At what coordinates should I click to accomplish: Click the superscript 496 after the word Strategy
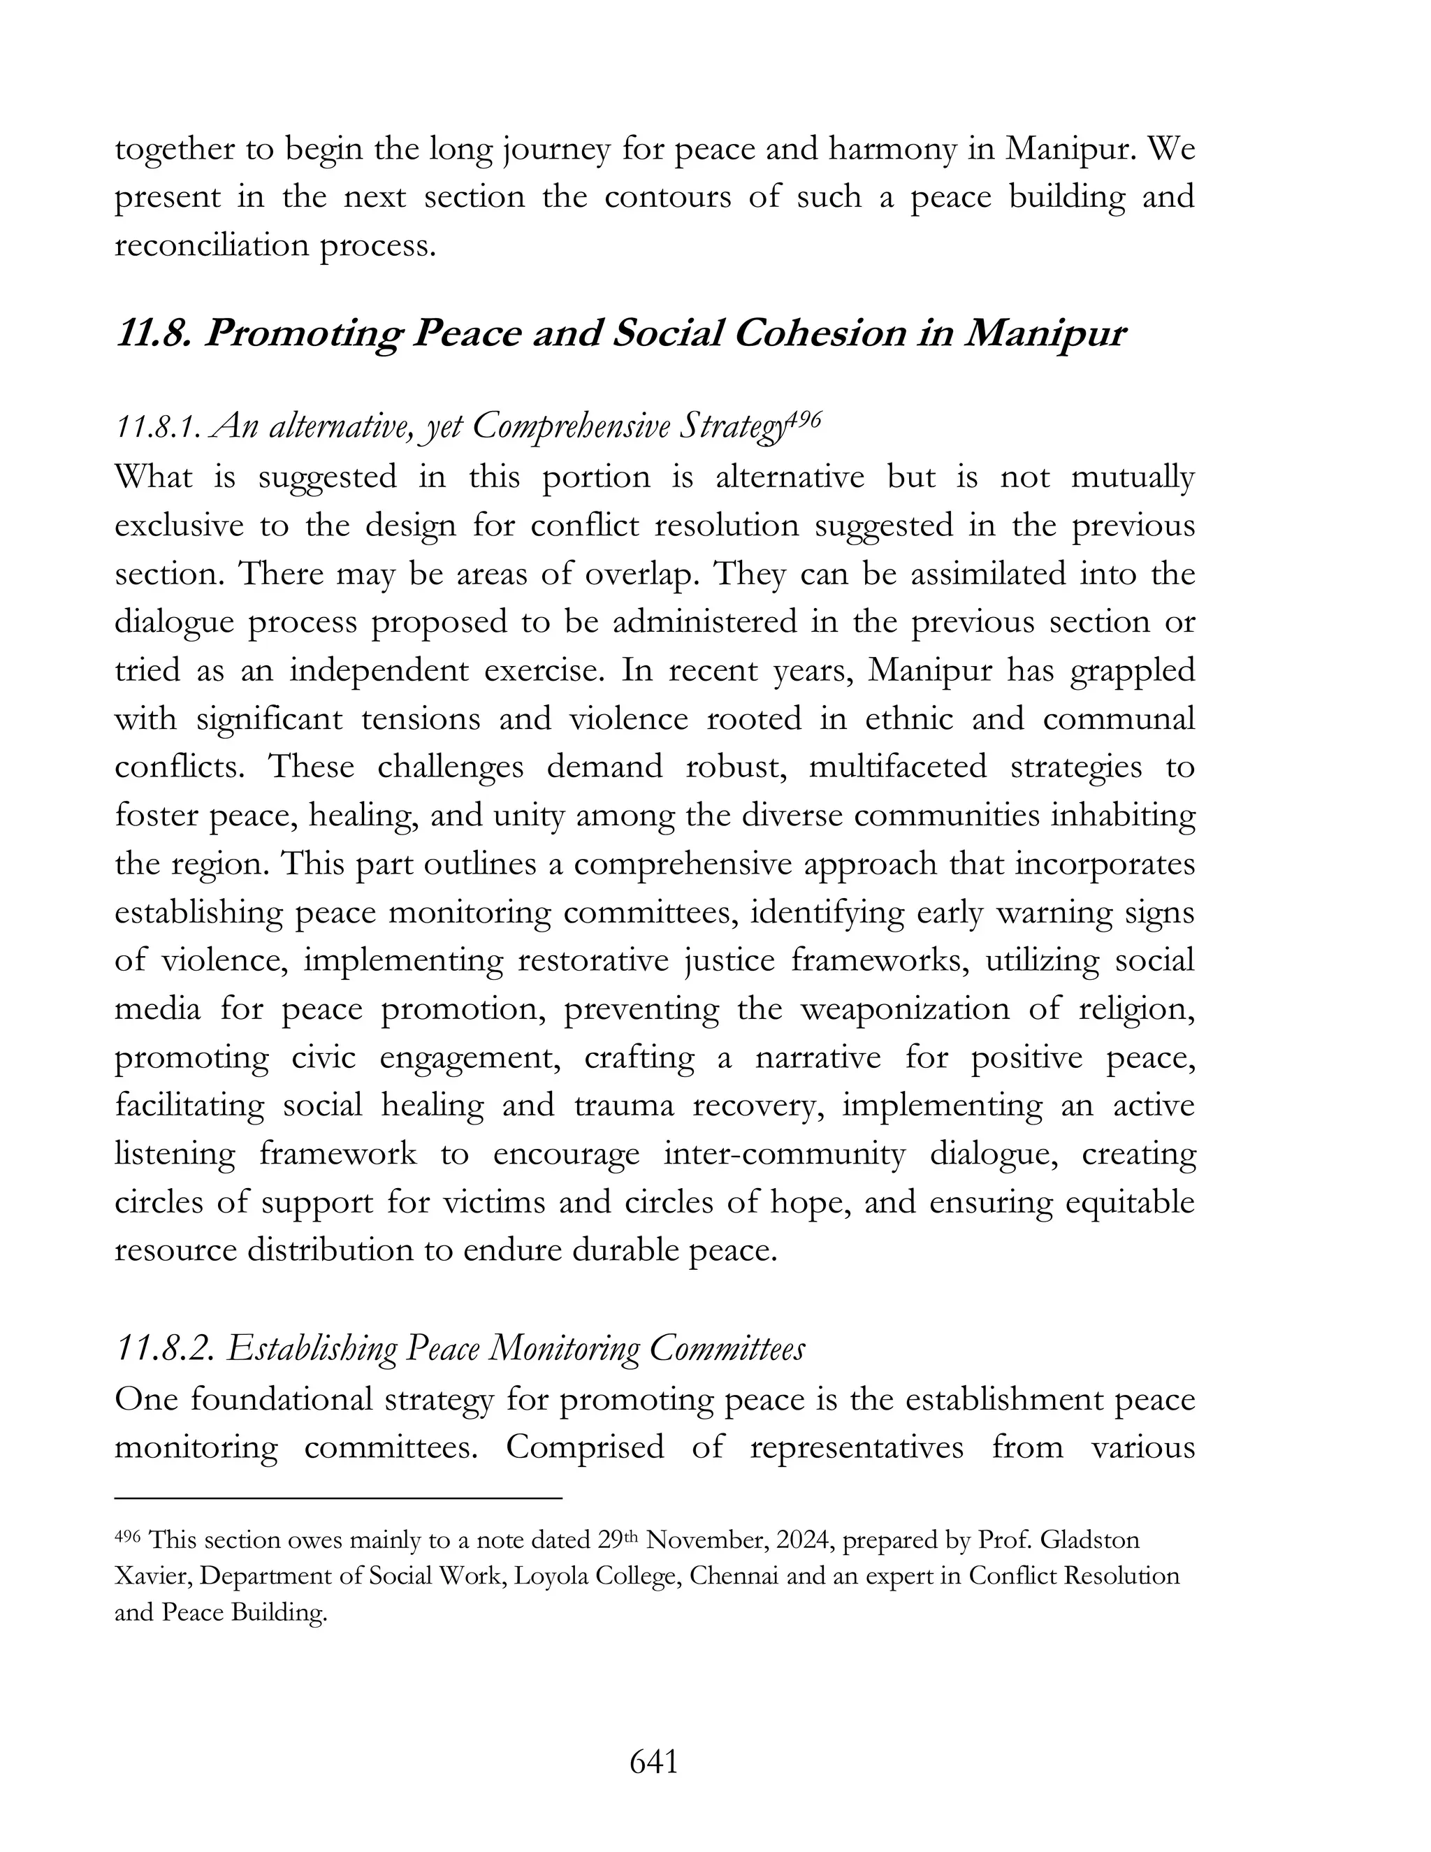click(x=803, y=421)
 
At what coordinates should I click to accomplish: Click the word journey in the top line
click(x=556, y=150)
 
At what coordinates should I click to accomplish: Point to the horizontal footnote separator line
click(x=338, y=1498)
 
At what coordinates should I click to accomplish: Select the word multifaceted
click(x=898, y=767)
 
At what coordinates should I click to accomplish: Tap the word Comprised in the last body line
click(x=585, y=1447)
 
